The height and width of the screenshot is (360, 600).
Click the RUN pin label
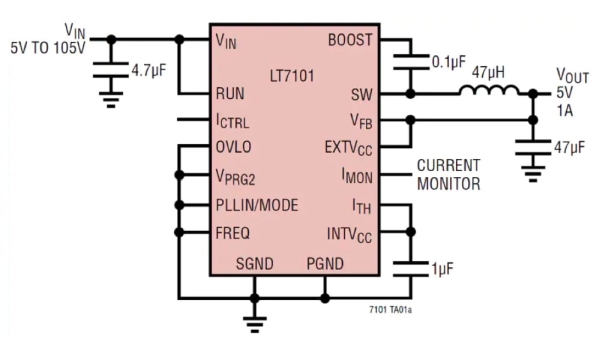pyautogui.click(x=232, y=95)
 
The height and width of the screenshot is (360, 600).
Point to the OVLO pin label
pyautogui.click(x=235, y=146)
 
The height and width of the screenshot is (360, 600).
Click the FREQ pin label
pyautogui.click(x=233, y=233)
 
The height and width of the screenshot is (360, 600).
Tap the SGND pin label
pyautogui.click(x=256, y=263)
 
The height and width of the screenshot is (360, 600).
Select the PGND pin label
pyautogui.click(x=324, y=263)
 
